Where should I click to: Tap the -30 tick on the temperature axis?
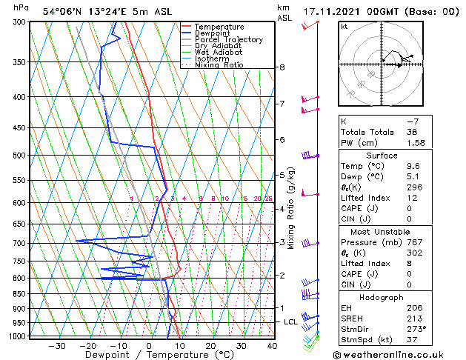click(57, 346)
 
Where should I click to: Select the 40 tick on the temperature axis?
click(272, 346)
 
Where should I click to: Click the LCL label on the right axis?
click(290, 322)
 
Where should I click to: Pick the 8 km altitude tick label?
click(282, 67)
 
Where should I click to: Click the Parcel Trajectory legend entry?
click(228, 40)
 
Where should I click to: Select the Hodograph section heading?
click(382, 297)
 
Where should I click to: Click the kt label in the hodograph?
click(344, 26)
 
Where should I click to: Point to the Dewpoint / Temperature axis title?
click(149, 355)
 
